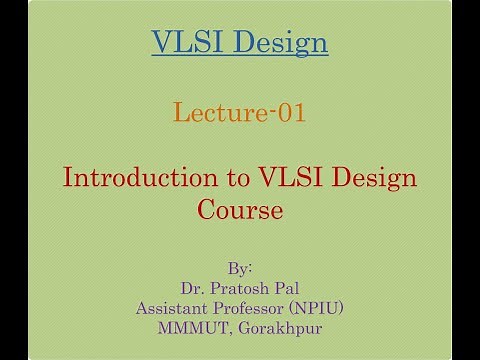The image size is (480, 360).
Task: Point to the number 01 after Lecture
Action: click(291, 112)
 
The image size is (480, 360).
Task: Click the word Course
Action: click(239, 211)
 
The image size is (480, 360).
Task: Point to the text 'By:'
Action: click(239, 269)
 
